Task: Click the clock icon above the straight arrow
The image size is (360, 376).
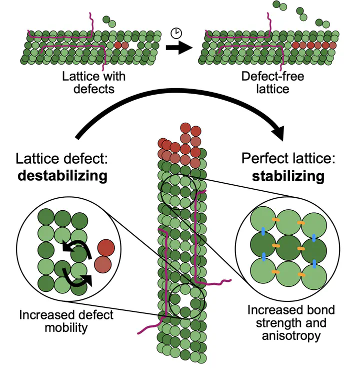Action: pos(176,33)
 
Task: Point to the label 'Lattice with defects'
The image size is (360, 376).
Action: pos(91,83)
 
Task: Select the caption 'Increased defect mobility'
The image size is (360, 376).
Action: pos(67,321)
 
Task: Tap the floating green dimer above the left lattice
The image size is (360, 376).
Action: pos(109,22)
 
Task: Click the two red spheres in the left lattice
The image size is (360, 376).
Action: pos(121,45)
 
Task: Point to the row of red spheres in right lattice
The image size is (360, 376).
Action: pos(314,45)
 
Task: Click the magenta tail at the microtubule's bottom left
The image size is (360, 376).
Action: pos(149,326)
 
